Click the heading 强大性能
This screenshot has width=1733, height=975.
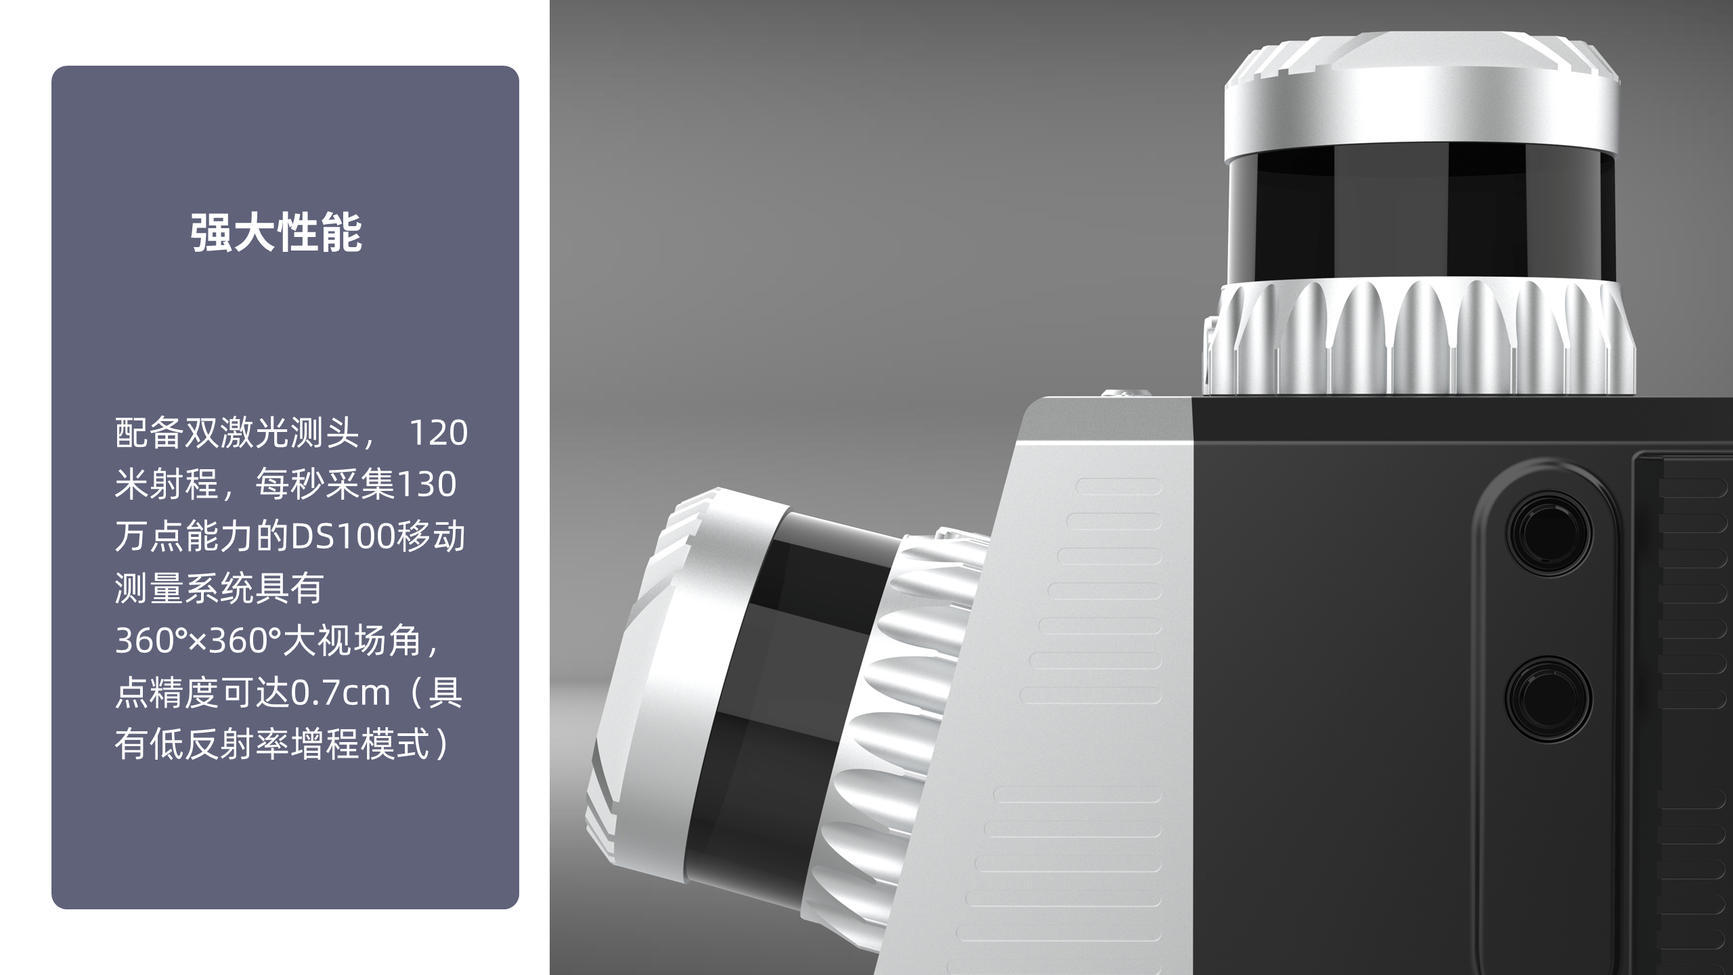pyautogui.click(x=276, y=233)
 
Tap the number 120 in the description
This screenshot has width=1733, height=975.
pyautogui.click(x=439, y=433)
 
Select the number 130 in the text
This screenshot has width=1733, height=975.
pyautogui.click(x=426, y=485)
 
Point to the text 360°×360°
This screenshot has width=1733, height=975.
pyautogui.click(x=198, y=641)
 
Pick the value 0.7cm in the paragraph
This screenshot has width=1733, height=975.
pyautogui.click(x=341, y=693)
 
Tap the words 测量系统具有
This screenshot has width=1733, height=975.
pyautogui.click(x=219, y=588)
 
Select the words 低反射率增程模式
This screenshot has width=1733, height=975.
pyautogui.click(x=289, y=744)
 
